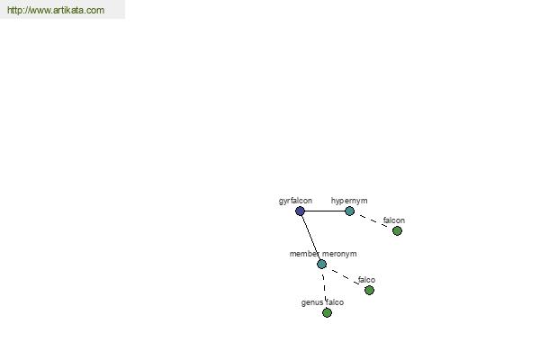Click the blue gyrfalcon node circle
tap(300, 211)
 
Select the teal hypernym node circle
tap(349, 211)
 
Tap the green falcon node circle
tap(397, 230)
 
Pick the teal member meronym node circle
tap(321, 265)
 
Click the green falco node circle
tap(369, 291)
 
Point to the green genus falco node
tap(327, 313)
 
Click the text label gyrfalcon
tap(295, 201)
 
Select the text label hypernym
tap(349, 201)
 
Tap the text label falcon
tap(394, 220)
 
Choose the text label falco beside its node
tap(366, 280)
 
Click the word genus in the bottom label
tap(312, 302)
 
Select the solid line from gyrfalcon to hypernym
tap(325, 211)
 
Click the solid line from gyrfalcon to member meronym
tap(311, 238)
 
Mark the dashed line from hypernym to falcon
tap(373, 220)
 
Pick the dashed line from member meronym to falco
tap(346, 277)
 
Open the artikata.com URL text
tap(56, 10)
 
